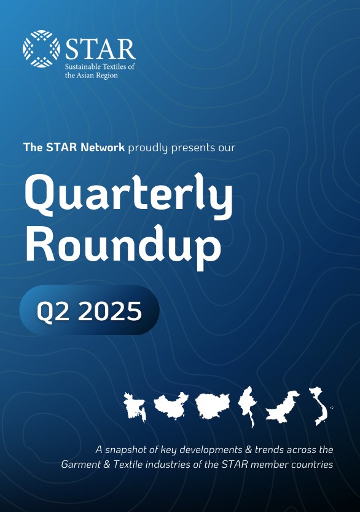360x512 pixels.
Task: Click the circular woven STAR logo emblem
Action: pos(41,49)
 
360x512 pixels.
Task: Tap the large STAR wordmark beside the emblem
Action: pos(101,49)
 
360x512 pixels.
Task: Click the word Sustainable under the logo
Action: pos(82,66)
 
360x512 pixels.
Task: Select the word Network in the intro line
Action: pos(103,148)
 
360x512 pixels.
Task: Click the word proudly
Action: pos(148,148)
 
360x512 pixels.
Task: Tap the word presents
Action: pos(189,148)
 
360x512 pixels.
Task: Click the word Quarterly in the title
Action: pos(128,194)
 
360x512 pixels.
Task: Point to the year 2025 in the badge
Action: pos(110,311)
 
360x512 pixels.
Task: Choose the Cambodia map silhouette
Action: pos(213,406)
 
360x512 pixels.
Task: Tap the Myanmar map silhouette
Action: pos(248,406)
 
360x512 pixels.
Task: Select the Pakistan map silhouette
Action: pos(282,407)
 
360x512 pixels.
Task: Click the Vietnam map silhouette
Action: pos(319,406)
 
